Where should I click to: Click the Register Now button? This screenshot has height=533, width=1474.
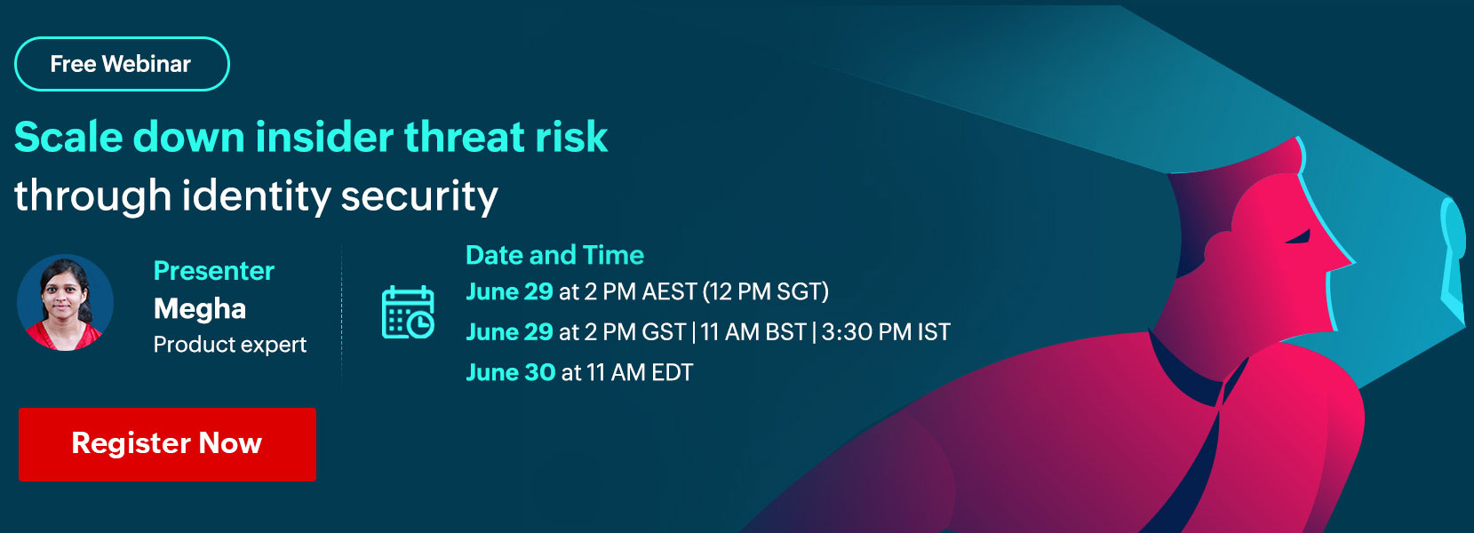point(167,444)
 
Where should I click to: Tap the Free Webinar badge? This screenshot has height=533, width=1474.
point(122,64)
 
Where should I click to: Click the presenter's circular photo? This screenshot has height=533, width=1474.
point(65,303)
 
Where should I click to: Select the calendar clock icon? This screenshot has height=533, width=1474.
point(408,313)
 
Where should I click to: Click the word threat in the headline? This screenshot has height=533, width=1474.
point(464,137)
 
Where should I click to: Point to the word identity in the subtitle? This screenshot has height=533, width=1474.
point(255,196)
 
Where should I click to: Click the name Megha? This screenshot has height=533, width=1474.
point(199,309)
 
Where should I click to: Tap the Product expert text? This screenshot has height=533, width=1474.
point(229,344)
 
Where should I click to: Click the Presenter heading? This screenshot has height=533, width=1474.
point(214,270)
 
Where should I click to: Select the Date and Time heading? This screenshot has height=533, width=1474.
point(554,255)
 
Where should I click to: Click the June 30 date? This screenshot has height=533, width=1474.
point(511,372)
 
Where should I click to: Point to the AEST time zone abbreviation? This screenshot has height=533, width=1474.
point(669,291)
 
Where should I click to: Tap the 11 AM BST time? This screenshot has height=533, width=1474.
point(753,332)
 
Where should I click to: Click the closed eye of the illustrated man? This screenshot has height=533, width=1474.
point(1298,237)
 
